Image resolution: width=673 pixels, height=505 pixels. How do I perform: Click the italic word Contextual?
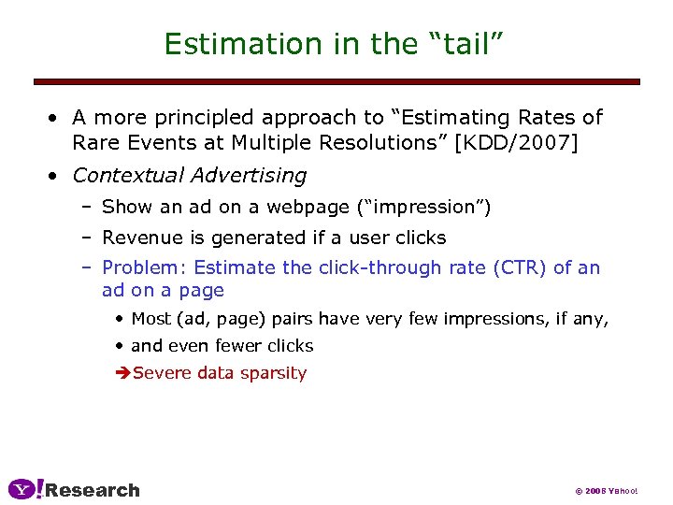tap(128, 176)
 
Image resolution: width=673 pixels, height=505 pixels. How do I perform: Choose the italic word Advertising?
tap(248, 176)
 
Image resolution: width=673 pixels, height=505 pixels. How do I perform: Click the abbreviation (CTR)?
tap(513, 267)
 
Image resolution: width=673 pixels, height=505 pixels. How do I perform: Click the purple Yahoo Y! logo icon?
tap(25, 489)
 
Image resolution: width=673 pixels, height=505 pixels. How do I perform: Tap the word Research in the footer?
tap(93, 490)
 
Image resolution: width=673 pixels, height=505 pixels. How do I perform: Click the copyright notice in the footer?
tap(605, 491)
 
